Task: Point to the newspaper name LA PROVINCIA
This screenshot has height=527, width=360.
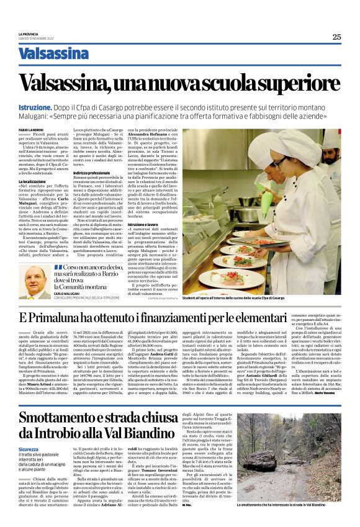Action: pos(28,34)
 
